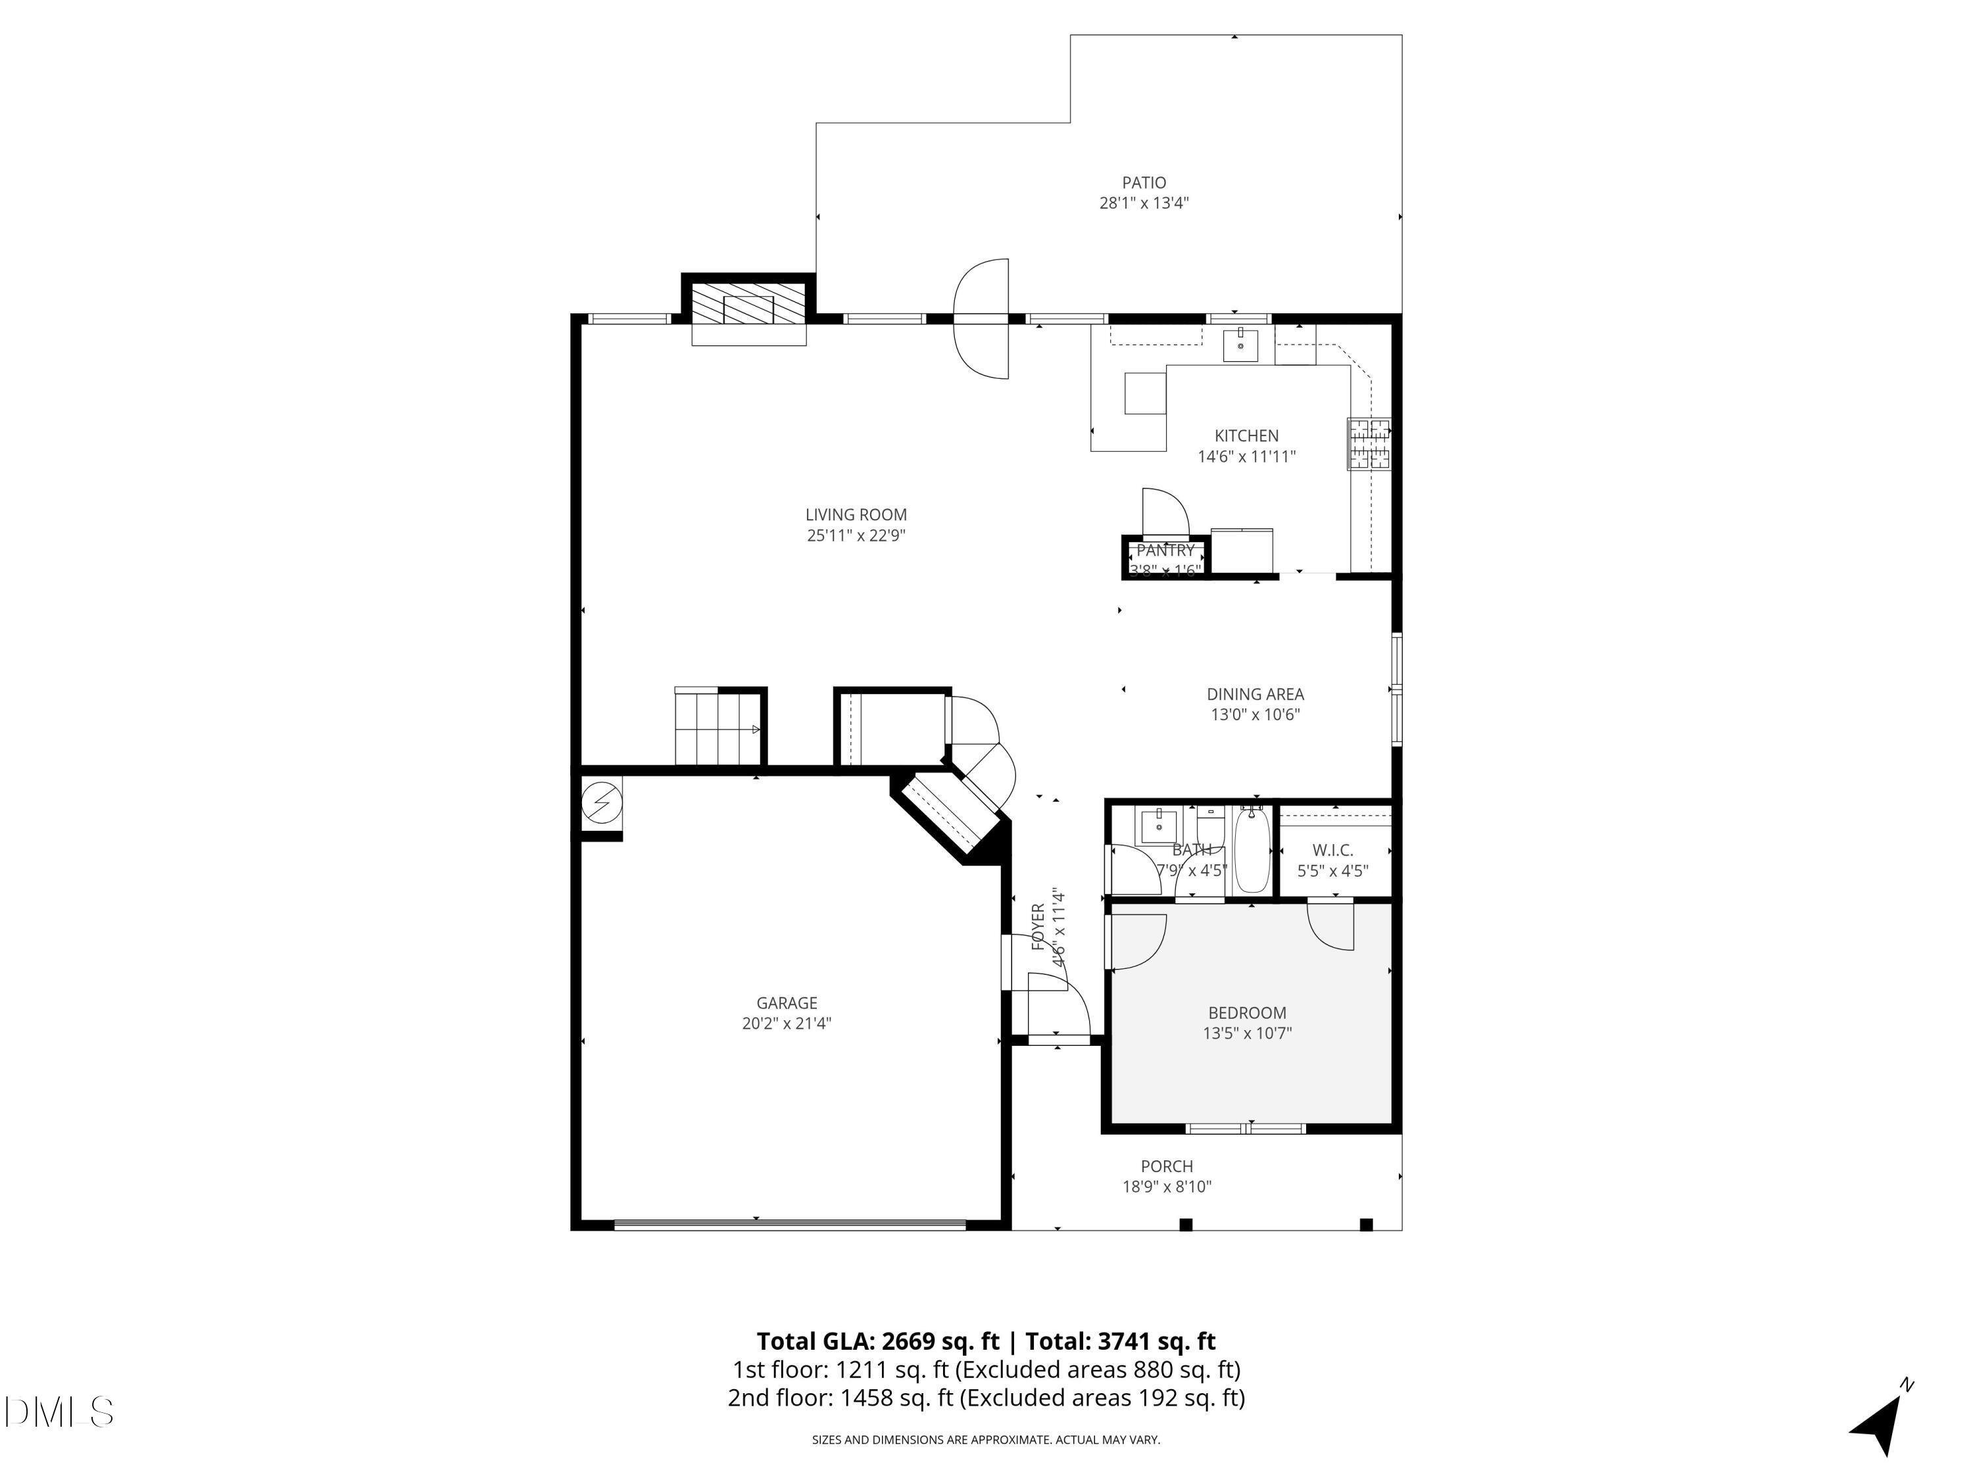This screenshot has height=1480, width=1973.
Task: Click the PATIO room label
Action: click(x=1144, y=183)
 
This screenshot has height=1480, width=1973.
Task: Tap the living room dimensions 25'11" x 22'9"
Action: click(x=856, y=535)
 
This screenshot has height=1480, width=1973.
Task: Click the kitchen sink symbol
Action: click(x=1240, y=345)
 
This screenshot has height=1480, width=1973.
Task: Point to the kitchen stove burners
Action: click(x=1368, y=443)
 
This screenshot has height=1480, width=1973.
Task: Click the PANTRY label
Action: click(x=1165, y=551)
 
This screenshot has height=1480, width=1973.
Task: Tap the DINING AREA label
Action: click(x=1255, y=693)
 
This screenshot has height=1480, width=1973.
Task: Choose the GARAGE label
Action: click(x=786, y=1002)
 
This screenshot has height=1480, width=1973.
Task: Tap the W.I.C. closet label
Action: click(x=1332, y=850)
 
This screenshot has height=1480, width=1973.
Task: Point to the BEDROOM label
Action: click(x=1247, y=1012)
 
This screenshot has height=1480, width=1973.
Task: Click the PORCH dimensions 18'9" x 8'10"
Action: click(x=1167, y=1187)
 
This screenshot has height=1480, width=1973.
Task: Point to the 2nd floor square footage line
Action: click(x=986, y=1397)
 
